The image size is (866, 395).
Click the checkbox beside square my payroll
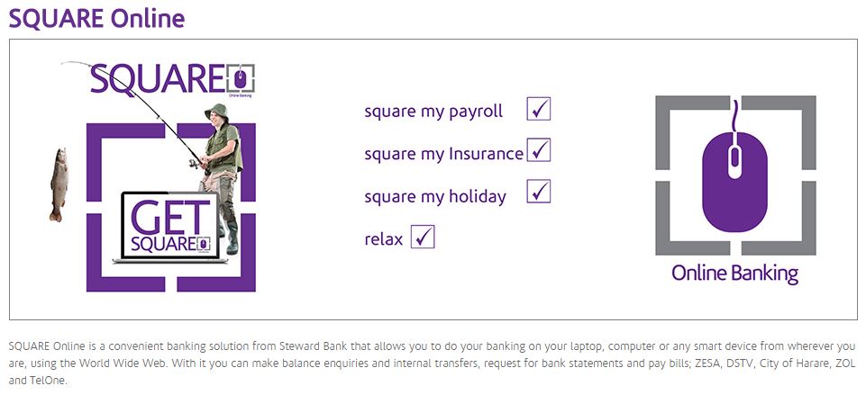coord(539,109)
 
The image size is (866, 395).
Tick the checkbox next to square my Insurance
coord(539,150)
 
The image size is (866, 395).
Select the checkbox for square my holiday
coord(539,192)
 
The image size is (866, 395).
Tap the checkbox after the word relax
coord(423,237)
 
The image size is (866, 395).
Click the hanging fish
coord(58,184)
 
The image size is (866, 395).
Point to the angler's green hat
coord(216,111)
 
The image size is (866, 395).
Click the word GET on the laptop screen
coord(170,218)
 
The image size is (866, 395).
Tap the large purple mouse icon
coord(734,182)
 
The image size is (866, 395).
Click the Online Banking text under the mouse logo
coord(735,274)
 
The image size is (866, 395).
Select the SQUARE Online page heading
coord(96,19)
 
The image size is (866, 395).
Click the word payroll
coord(476,112)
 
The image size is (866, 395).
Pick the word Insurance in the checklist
coord(486,153)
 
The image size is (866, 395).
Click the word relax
coord(383,239)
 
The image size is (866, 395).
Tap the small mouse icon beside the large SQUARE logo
coord(241,79)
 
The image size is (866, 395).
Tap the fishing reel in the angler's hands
coord(194,163)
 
